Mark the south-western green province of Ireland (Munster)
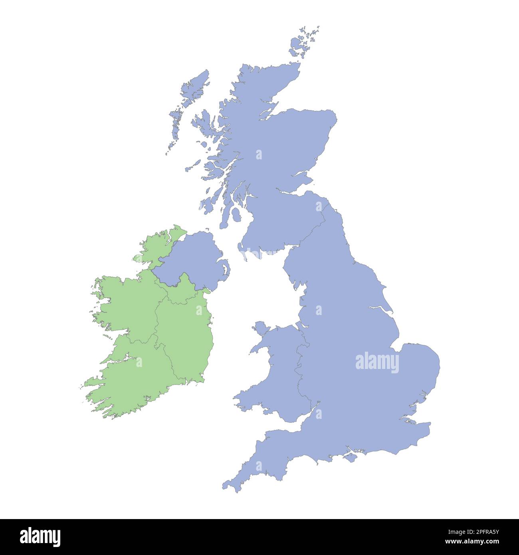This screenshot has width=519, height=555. point(132,379)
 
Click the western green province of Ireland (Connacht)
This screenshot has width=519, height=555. point(128,303)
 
